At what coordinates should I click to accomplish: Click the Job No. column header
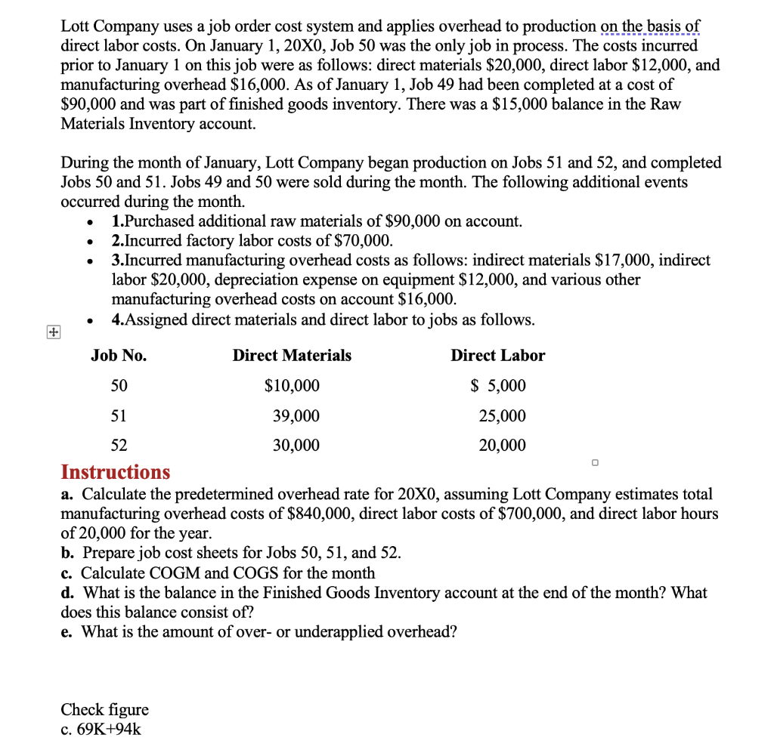coord(119,356)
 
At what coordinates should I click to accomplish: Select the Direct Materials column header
coord(292,356)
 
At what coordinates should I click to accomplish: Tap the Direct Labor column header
coord(497,356)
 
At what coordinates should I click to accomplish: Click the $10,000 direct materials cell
coord(292,387)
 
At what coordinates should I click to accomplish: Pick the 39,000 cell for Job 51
coord(296,416)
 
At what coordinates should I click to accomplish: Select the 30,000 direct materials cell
coord(296,446)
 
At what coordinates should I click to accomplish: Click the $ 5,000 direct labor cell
coord(498,387)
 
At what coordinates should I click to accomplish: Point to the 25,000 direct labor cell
coord(502,416)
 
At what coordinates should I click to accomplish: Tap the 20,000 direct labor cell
coord(502,446)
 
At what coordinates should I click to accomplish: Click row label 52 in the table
coord(119,446)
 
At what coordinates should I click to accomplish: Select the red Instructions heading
coord(116,473)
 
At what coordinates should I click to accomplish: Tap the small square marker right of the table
coord(595,462)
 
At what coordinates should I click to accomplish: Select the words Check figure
coord(104,710)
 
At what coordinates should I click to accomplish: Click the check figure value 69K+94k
coord(109,730)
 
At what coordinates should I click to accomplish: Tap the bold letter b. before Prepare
coord(67,553)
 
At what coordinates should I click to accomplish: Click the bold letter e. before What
coord(67,631)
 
